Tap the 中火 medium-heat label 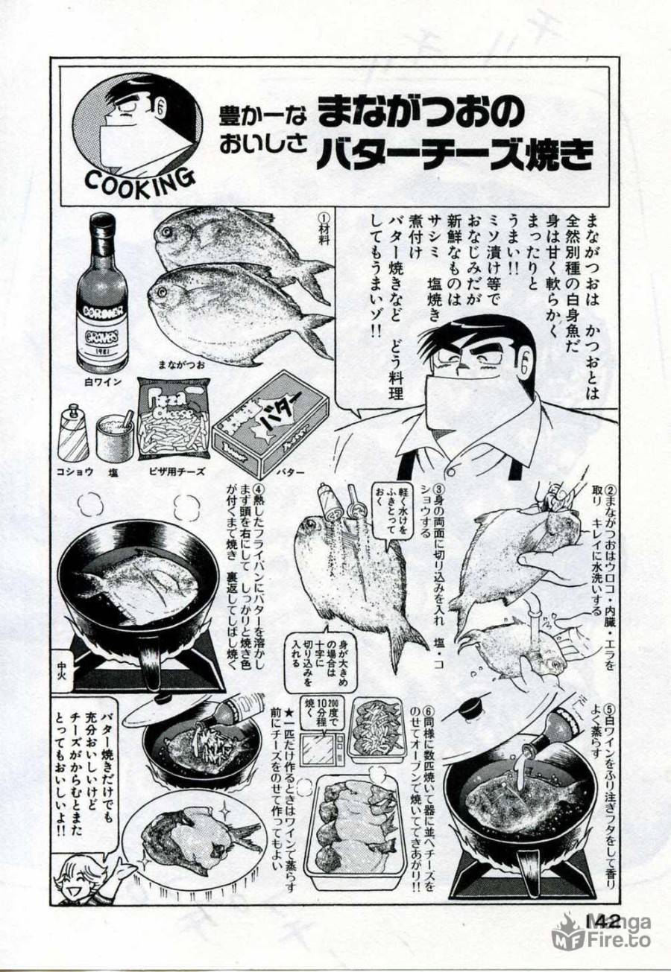[66, 660]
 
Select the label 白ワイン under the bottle [102, 384]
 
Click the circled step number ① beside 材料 [323, 217]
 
